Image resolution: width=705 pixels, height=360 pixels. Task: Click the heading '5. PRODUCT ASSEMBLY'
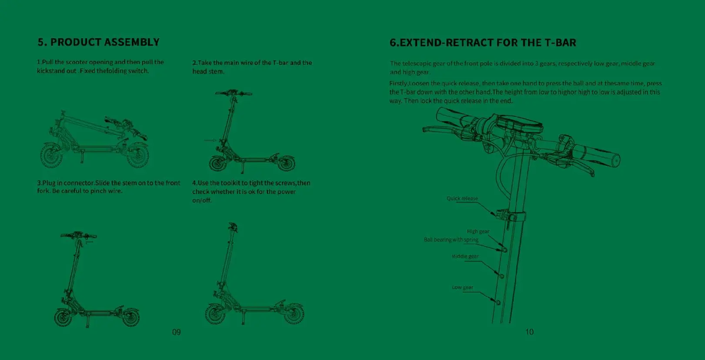[x=98, y=42]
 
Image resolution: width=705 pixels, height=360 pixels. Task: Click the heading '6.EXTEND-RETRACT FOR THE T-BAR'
[x=483, y=43]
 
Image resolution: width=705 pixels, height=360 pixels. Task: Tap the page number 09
[x=176, y=332]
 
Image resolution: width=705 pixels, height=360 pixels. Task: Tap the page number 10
[x=529, y=332]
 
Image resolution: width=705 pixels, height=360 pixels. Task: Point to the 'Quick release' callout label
[x=462, y=198]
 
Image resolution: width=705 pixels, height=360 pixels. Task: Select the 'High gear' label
[x=478, y=231]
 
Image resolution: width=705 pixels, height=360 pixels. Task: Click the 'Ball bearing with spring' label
[x=451, y=240]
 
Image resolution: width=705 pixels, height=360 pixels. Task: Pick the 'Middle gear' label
[x=465, y=256]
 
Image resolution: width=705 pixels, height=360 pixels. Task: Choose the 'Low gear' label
[x=462, y=287]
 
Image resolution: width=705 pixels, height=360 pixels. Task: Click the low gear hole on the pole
[x=498, y=302]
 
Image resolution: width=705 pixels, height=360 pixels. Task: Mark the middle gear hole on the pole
[x=501, y=276]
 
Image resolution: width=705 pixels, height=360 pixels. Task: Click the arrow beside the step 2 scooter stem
[x=210, y=140]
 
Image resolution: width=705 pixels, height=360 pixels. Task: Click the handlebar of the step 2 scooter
[x=233, y=93]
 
